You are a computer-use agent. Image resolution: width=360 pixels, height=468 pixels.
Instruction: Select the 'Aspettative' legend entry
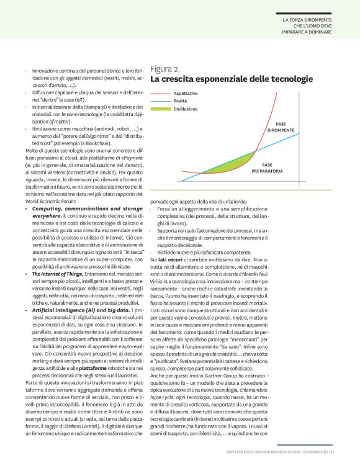(x=186, y=92)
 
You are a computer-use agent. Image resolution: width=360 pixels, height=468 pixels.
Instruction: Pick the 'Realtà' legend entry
(x=180, y=100)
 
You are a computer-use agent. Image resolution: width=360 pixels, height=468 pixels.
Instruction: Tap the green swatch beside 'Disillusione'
(x=160, y=108)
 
